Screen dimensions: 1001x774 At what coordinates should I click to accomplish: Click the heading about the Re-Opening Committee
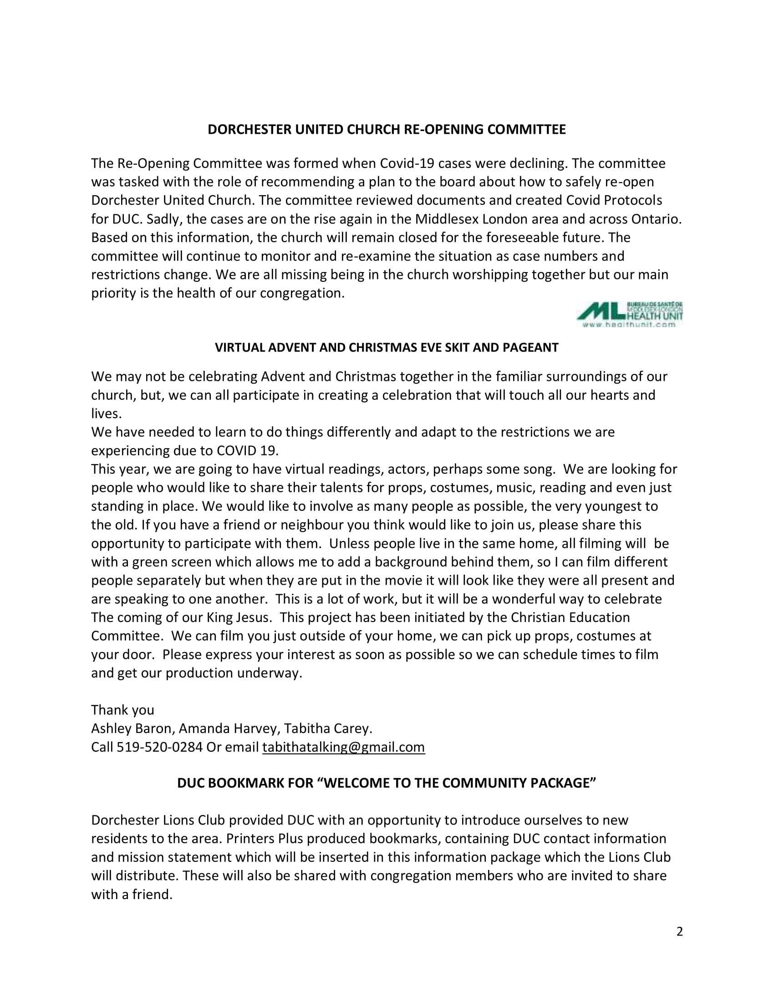coord(387,130)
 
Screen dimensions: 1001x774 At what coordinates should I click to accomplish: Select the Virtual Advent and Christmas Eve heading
coord(387,348)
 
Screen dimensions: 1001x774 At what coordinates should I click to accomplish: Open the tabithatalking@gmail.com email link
coord(343,747)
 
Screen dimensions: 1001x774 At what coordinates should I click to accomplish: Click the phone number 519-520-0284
coord(159,747)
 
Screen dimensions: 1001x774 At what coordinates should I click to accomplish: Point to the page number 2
coord(680,931)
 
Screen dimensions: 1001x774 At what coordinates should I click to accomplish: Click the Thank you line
coord(122,710)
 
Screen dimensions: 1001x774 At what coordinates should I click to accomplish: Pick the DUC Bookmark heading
coord(387,783)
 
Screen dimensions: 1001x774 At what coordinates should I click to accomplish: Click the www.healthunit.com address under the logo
coord(629,324)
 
